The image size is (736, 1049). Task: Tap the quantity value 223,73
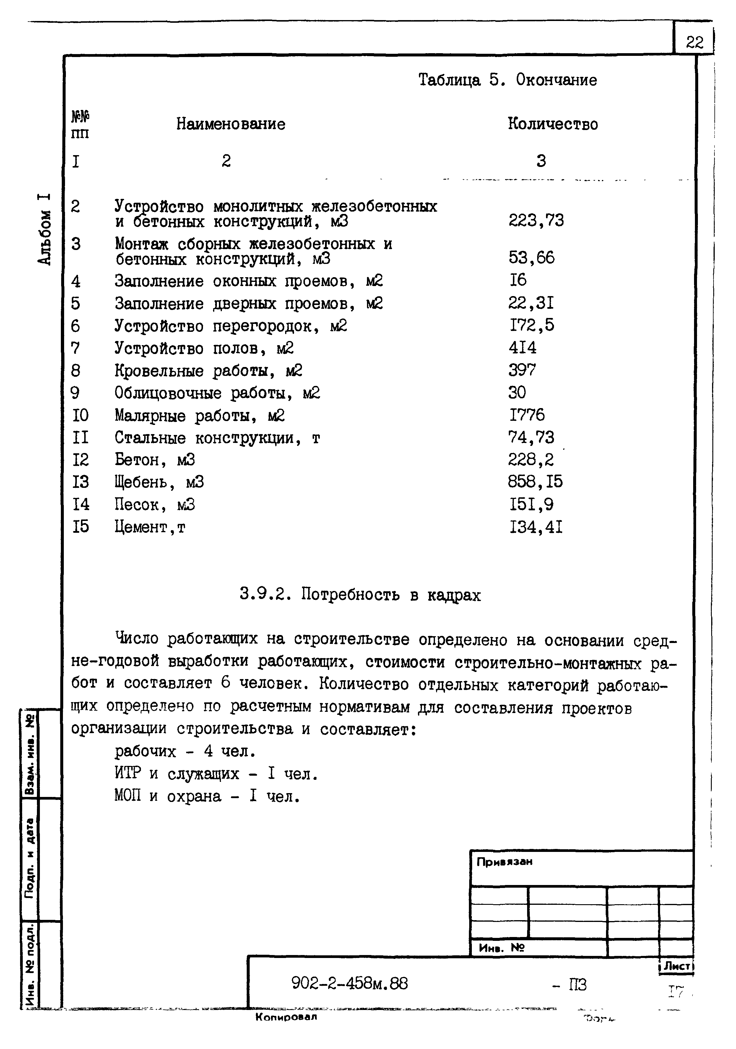(536, 221)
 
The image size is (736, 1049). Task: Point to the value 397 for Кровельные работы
(522, 370)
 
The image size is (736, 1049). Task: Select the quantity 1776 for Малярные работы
(527, 415)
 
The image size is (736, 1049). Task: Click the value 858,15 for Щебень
(535, 482)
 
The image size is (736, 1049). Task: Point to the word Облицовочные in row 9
(168, 393)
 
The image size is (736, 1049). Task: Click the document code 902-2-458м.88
(350, 983)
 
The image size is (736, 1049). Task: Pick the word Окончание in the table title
(556, 80)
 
